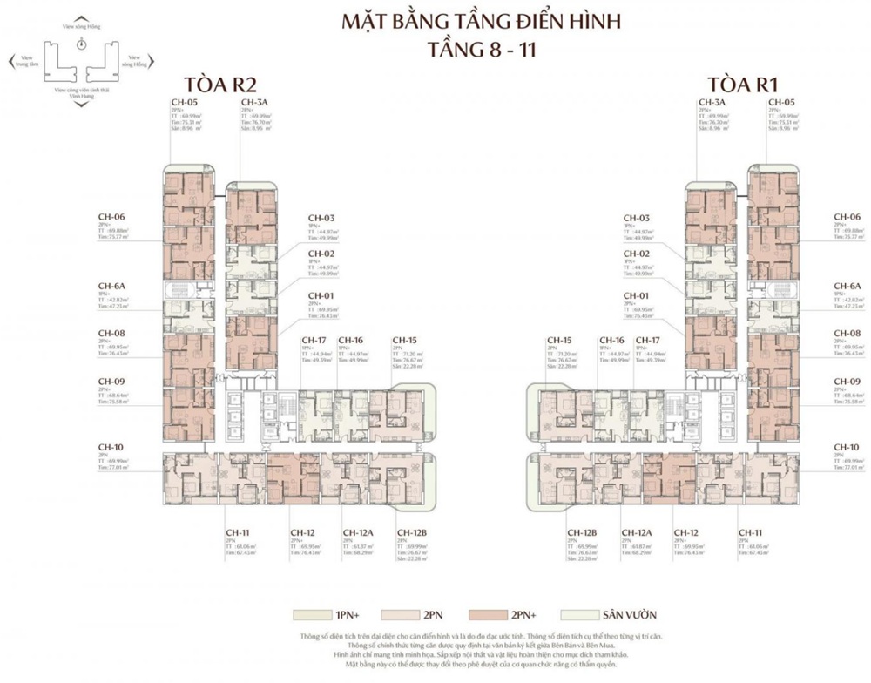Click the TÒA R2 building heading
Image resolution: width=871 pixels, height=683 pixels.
[x=203, y=85]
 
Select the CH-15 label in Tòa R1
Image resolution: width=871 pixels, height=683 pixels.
[x=558, y=340]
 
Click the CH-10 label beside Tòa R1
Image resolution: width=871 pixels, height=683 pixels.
[x=847, y=447]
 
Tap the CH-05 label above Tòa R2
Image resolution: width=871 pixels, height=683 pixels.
[x=183, y=103]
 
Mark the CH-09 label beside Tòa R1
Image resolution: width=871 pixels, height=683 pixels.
[x=847, y=382]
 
